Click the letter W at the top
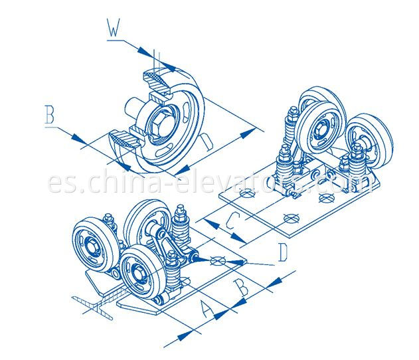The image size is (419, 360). pos(112,29)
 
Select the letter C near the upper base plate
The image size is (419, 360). pos(230,222)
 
